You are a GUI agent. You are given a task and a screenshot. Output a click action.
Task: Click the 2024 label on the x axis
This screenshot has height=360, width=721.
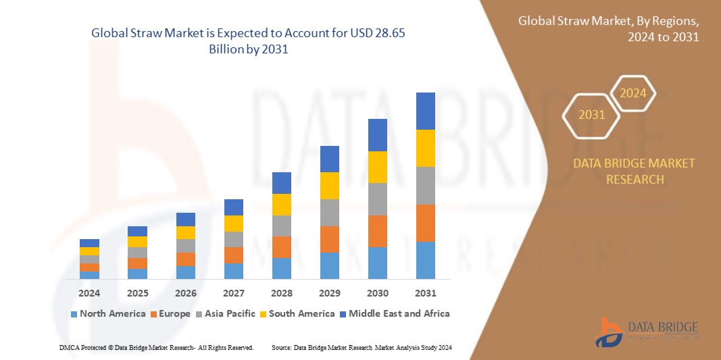[89, 293]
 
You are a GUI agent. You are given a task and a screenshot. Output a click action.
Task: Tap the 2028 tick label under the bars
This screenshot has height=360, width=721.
[282, 293]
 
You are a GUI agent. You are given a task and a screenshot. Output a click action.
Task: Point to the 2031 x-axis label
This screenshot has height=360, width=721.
[426, 293]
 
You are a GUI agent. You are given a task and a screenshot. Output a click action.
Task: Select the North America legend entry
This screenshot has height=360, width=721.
[107, 313]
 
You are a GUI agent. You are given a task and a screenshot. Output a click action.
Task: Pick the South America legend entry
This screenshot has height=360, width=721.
[297, 313]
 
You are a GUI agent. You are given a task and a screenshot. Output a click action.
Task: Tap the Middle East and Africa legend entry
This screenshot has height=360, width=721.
[395, 313]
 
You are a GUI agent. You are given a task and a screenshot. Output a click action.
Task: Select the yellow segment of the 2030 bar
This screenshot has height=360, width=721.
[378, 167]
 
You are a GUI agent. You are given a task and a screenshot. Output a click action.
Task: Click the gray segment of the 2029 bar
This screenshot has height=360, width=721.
[330, 212]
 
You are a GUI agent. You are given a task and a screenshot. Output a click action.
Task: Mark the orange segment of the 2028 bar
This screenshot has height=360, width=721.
[282, 247]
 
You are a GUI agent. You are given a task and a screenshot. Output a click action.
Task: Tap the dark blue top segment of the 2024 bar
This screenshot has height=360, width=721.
[89, 242]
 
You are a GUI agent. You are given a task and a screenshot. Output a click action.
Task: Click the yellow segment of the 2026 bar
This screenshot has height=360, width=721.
[186, 232]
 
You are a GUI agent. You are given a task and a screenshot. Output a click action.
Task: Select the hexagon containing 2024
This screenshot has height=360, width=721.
[633, 94]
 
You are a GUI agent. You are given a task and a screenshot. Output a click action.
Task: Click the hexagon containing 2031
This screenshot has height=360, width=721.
[592, 115]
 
